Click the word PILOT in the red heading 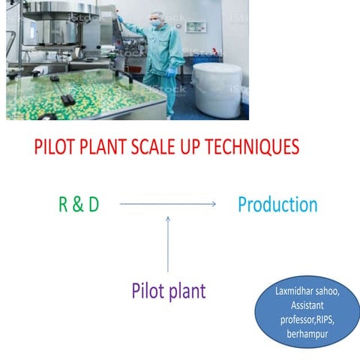pos(53,147)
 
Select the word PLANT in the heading pos(101,147)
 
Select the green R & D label pos(78,204)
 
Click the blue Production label pos(277,204)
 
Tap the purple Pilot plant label pos(168,290)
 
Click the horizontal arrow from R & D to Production pos(168,204)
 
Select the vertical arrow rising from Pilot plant pos(168,244)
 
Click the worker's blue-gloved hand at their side pos(171,73)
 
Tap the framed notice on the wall pos(195,26)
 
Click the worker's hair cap pos(156,13)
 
